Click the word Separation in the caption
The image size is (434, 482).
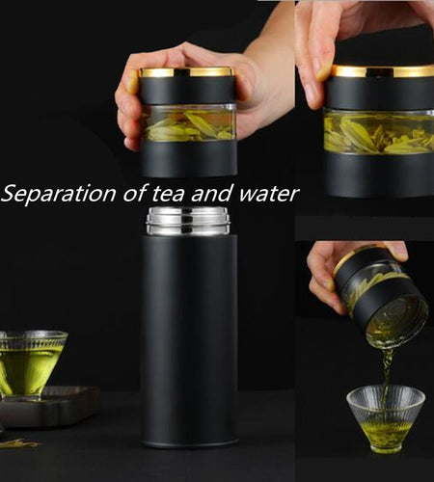point(57,194)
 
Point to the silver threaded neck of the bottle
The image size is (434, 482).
point(189,220)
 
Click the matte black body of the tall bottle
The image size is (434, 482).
point(189,337)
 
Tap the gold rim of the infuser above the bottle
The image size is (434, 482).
point(186,71)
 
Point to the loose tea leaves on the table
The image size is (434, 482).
point(19,442)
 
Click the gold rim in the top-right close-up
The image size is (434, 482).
point(381,70)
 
